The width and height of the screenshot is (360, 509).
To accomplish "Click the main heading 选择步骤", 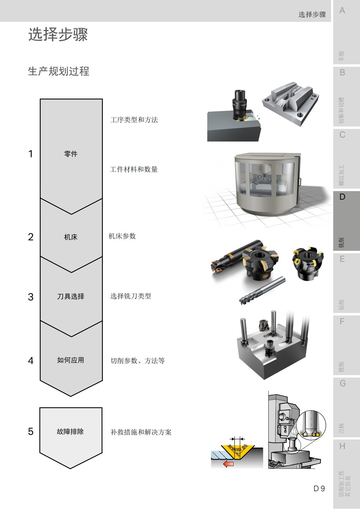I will [x=58, y=34].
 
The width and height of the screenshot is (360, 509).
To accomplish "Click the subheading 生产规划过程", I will [x=59, y=71].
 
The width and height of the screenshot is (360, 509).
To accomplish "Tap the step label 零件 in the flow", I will [x=71, y=154].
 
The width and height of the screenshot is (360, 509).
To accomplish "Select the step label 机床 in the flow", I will [x=71, y=237].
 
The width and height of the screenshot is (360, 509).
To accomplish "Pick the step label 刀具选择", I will [x=71, y=296].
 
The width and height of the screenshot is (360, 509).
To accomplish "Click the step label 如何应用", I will [x=71, y=360].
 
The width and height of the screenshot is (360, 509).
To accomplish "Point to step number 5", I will [x=30, y=431].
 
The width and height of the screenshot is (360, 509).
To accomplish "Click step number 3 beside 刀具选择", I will [x=30, y=297].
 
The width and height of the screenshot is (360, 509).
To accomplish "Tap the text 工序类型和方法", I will [x=134, y=120].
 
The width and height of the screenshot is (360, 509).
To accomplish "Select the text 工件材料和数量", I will [x=134, y=169].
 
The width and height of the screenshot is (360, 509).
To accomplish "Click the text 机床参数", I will [x=122, y=236].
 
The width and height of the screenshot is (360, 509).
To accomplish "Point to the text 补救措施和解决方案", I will [x=141, y=432].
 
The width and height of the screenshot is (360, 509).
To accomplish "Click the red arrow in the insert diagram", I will [x=228, y=463].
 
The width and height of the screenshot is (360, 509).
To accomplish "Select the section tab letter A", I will [x=342, y=11].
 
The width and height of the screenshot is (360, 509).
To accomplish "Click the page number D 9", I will [x=319, y=488].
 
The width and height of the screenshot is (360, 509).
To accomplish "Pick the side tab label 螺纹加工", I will [x=342, y=175].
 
